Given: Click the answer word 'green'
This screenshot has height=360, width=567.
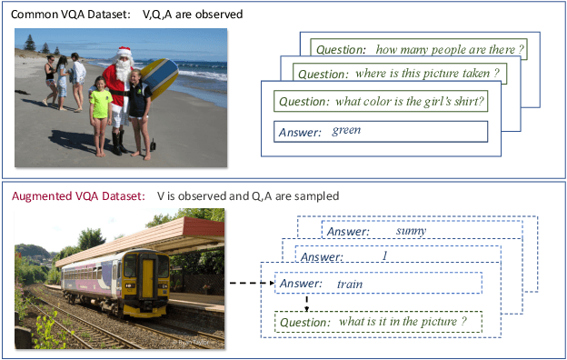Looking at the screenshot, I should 346,130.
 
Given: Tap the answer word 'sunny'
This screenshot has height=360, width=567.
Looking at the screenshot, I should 411,230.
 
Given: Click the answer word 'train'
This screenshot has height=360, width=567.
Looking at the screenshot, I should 350,283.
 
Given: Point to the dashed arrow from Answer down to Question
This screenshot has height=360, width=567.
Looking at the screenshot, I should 307,302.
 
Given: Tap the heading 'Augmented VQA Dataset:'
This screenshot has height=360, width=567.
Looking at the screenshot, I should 78,195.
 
